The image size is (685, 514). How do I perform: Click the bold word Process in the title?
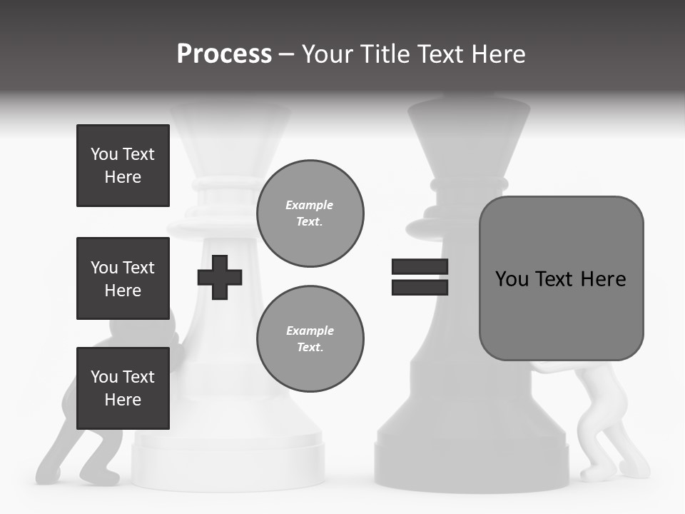tap(224, 54)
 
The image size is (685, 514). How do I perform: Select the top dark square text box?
tap(123, 166)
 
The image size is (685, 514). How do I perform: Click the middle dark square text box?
tap(123, 278)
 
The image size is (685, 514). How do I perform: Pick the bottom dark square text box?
tap(123, 388)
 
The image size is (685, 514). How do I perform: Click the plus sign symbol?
tap(220, 277)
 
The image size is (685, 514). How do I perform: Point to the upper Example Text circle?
tap(310, 213)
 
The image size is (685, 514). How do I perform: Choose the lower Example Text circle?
tap(310, 338)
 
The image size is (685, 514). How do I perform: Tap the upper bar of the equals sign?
tap(420, 267)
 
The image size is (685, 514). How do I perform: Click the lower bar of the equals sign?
tap(420, 288)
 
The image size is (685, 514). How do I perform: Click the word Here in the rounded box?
tap(603, 279)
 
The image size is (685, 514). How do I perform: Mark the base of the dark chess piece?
tap(471, 457)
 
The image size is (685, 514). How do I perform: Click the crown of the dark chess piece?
tap(469, 136)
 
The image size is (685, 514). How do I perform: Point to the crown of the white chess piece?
tap(230, 136)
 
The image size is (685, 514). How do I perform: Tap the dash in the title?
tap(287, 54)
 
